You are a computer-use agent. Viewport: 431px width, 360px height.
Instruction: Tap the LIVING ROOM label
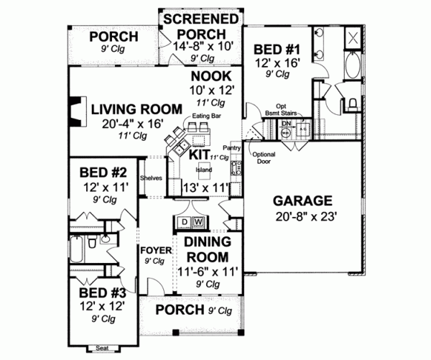coord(136,109)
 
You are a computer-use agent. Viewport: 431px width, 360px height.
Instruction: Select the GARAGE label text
coord(302,200)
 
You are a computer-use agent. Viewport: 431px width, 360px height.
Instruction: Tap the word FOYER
coord(154,250)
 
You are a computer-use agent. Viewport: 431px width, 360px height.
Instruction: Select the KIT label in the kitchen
coord(200,154)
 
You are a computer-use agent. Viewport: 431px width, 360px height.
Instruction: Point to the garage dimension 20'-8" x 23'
coord(302,216)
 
